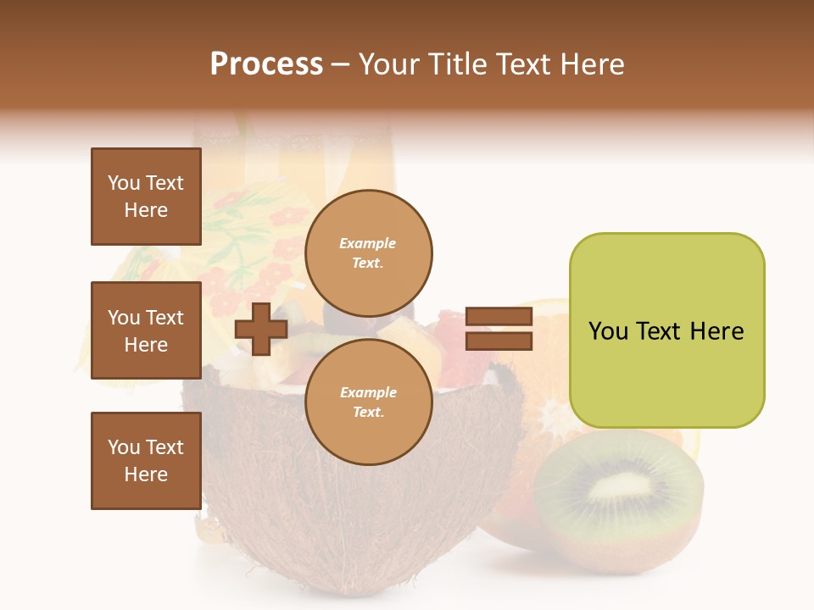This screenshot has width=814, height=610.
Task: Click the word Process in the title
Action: pos(266,64)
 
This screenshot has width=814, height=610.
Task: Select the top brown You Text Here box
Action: pos(146,197)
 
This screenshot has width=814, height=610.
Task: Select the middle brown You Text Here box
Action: pos(146,330)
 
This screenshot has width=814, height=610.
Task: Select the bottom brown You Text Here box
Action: pos(146,461)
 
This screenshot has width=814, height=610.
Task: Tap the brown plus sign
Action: pos(261,329)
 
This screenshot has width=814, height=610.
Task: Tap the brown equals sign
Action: pos(499,329)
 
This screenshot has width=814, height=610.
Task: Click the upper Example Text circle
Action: pos(368,252)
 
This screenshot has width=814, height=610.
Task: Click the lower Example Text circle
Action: pos(368,402)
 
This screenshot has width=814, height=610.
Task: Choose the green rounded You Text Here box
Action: pos(666,330)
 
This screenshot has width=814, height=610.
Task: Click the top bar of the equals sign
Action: pos(499,317)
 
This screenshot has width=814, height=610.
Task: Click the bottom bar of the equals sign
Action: pos(499,341)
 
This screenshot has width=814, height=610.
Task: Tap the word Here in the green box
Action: pos(716,331)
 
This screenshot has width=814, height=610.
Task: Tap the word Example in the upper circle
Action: pos(368,243)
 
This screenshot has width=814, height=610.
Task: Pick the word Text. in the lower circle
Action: pos(368,412)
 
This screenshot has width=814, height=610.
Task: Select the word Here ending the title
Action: pos(593,64)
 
